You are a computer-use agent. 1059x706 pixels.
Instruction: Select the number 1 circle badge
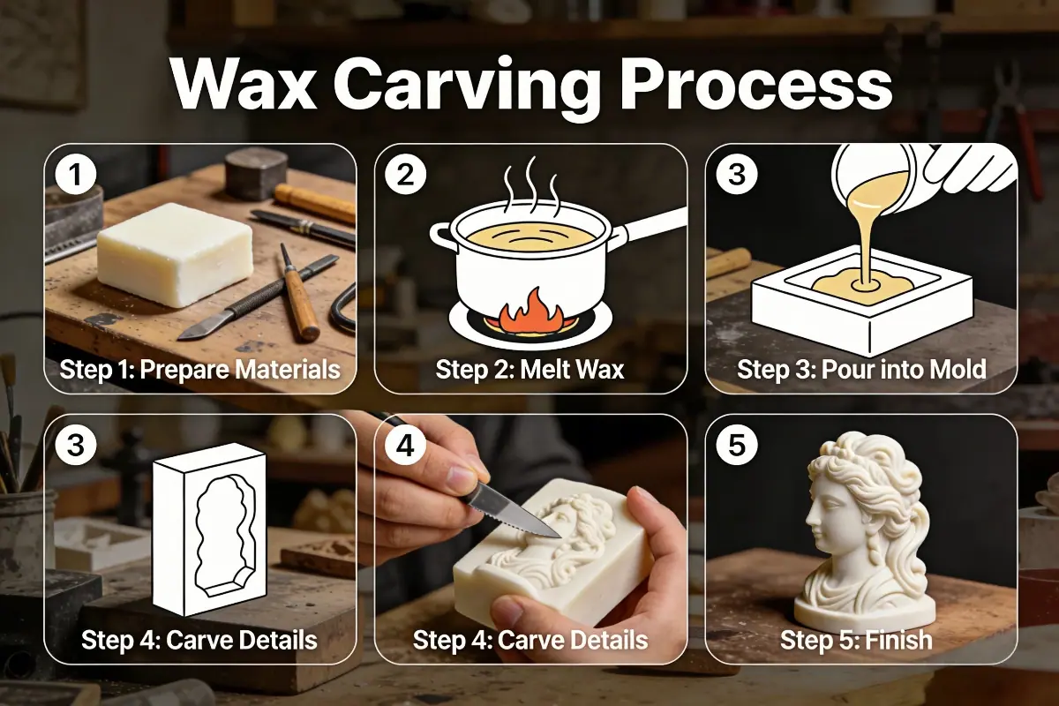coord(75,174)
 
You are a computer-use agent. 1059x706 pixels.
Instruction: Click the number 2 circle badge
coord(405,174)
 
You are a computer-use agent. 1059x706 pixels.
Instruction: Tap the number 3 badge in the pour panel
coord(735,174)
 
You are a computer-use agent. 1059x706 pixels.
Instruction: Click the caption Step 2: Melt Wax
coord(529,369)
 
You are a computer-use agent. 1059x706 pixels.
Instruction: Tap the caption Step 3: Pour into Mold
coord(860,369)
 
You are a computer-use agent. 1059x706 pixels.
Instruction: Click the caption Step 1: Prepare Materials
coord(199,369)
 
